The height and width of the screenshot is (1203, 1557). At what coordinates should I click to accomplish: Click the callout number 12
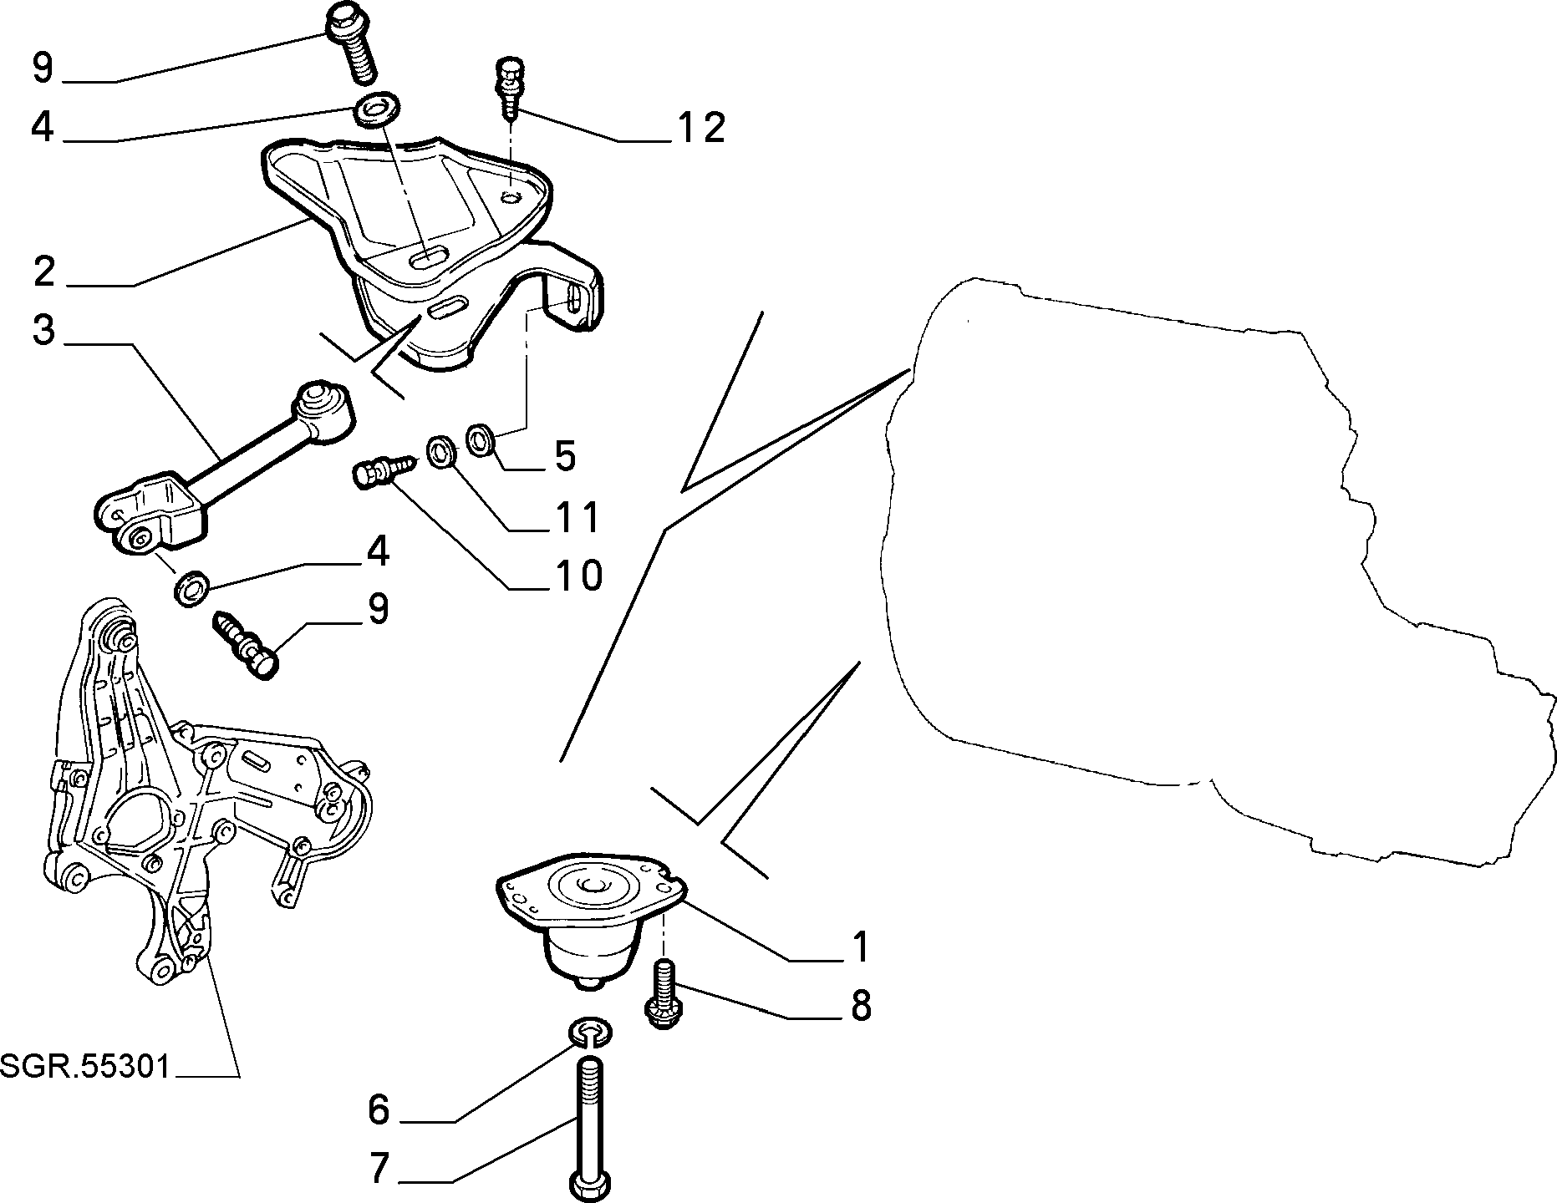(x=700, y=128)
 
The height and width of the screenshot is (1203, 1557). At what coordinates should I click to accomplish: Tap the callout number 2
(x=44, y=272)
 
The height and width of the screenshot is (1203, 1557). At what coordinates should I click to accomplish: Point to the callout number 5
(x=565, y=456)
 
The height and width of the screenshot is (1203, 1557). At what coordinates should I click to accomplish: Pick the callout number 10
(x=577, y=576)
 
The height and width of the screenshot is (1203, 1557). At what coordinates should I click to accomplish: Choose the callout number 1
(x=859, y=947)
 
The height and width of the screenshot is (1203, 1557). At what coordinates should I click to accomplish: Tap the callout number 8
(x=861, y=1006)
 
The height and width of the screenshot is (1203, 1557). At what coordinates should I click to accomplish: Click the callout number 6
(x=379, y=1110)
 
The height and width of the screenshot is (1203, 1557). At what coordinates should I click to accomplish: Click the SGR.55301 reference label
(x=85, y=1066)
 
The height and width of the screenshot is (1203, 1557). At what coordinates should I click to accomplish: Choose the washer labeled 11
(x=440, y=451)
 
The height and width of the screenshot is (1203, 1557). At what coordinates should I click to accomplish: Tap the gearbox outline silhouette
(x=1212, y=568)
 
